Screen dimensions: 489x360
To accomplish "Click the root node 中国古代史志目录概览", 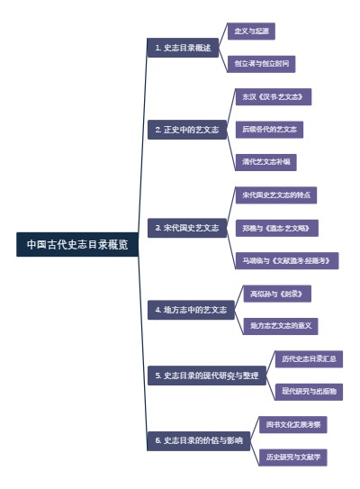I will click(x=77, y=244).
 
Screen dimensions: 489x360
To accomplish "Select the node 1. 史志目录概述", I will click(x=183, y=48).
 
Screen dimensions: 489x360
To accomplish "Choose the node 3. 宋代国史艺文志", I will click(x=187, y=228).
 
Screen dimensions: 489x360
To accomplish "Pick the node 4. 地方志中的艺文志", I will click(x=191, y=310).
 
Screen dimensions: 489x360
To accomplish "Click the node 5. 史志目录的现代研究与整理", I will click(x=207, y=375).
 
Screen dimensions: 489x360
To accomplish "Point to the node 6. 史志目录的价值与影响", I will click(x=198, y=440).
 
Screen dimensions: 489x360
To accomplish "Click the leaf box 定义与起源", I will click(x=251, y=32).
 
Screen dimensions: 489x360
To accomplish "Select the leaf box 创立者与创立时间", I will click(x=263, y=64).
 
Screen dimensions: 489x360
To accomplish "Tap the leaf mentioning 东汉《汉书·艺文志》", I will click(x=272, y=96).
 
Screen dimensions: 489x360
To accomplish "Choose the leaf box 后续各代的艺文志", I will click(x=270, y=130).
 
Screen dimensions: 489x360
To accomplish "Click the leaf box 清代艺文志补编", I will click(x=265, y=162).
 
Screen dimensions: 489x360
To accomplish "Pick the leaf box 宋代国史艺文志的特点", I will click(x=278, y=195).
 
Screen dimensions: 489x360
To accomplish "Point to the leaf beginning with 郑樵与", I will click(x=281, y=228).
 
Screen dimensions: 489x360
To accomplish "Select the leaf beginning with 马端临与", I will click(x=287, y=260).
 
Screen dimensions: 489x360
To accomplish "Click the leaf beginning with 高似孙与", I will click(x=281, y=294).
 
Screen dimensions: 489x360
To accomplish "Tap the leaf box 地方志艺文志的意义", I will click(x=283, y=326).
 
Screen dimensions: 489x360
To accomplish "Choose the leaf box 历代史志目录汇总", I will click(x=308, y=358).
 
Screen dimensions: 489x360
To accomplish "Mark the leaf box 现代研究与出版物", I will click(x=308, y=392).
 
